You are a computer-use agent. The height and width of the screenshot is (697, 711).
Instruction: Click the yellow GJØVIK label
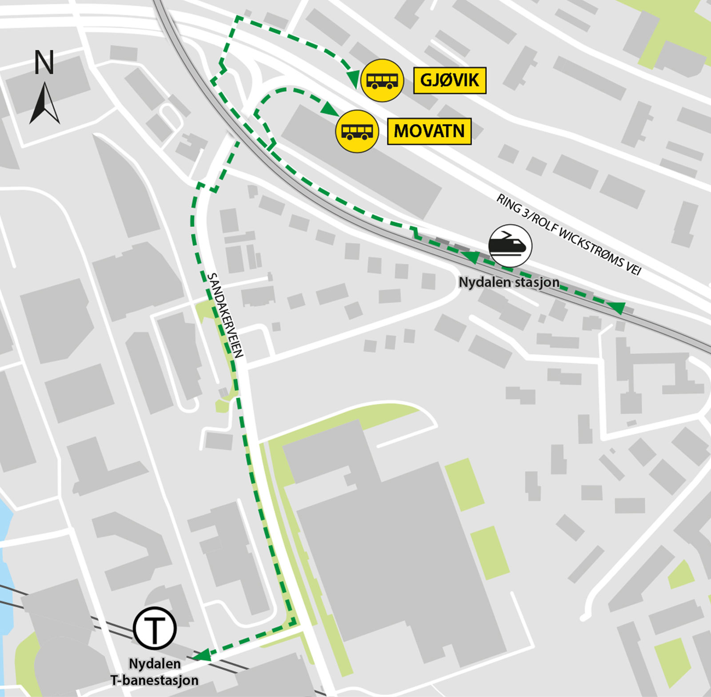[x=450, y=80]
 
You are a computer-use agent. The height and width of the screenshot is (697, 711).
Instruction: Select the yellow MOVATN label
[x=429, y=131]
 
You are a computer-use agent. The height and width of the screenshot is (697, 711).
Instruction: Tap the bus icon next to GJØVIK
[x=382, y=80]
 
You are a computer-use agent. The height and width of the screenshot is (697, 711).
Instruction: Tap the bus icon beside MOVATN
[x=357, y=131]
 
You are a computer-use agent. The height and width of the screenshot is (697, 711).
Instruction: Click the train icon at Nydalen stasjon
[x=510, y=246]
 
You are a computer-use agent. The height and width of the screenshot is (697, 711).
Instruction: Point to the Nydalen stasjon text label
[x=509, y=282]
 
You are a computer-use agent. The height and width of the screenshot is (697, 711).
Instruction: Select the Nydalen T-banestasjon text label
[x=155, y=672]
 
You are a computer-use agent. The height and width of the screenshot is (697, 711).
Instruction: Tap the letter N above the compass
[x=44, y=63]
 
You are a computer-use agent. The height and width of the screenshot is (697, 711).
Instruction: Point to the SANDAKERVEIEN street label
[x=225, y=315]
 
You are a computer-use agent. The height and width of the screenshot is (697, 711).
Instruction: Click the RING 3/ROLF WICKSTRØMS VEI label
[x=569, y=235]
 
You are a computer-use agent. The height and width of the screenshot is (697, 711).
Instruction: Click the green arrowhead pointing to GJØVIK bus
[x=353, y=79]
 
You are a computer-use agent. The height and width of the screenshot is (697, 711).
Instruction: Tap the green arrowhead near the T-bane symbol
[x=202, y=655]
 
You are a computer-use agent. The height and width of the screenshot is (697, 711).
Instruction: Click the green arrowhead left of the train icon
[x=471, y=256]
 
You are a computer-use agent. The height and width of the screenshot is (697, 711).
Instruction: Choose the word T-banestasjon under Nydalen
[x=155, y=680]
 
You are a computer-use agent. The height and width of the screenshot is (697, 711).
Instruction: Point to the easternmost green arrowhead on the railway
[x=616, y=307]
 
